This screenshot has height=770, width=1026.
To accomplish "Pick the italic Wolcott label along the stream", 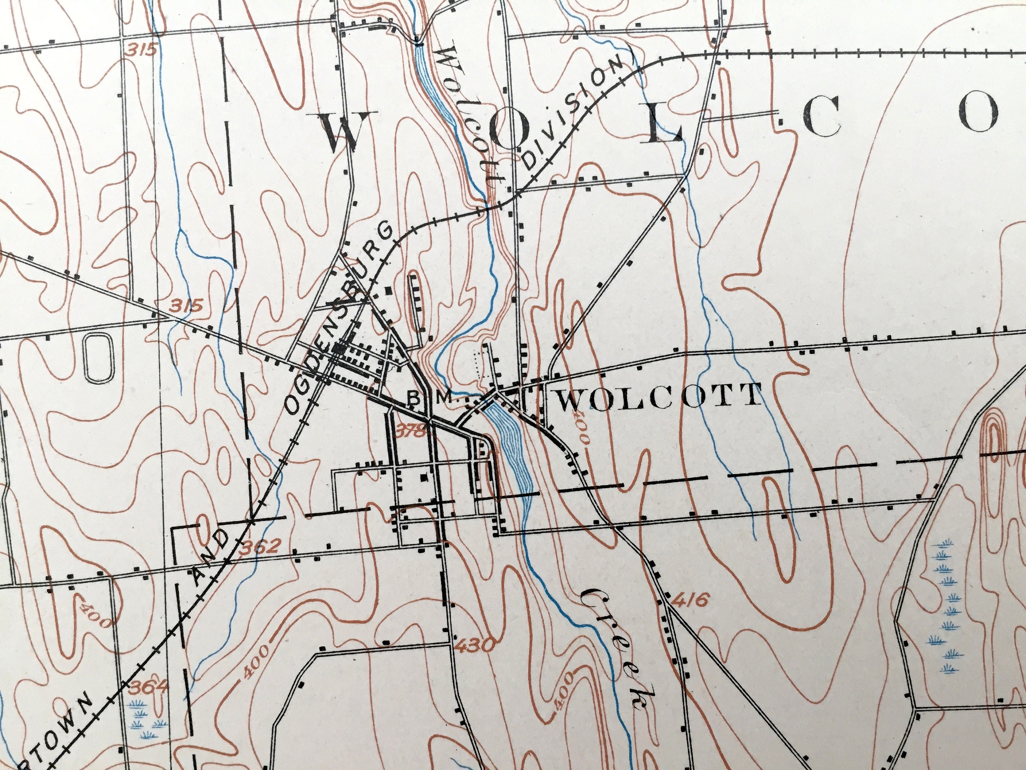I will point(469,116).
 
